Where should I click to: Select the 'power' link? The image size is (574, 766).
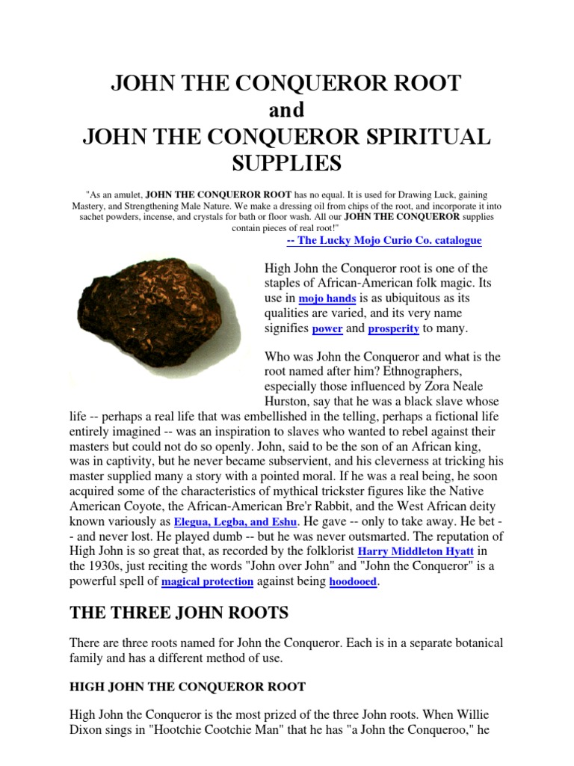[x=327, y=329]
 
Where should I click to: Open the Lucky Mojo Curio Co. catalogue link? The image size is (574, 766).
[x=384, y=241]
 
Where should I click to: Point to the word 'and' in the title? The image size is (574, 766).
[x=286, y=110]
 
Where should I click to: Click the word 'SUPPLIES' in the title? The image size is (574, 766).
[x=286, y=162]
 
